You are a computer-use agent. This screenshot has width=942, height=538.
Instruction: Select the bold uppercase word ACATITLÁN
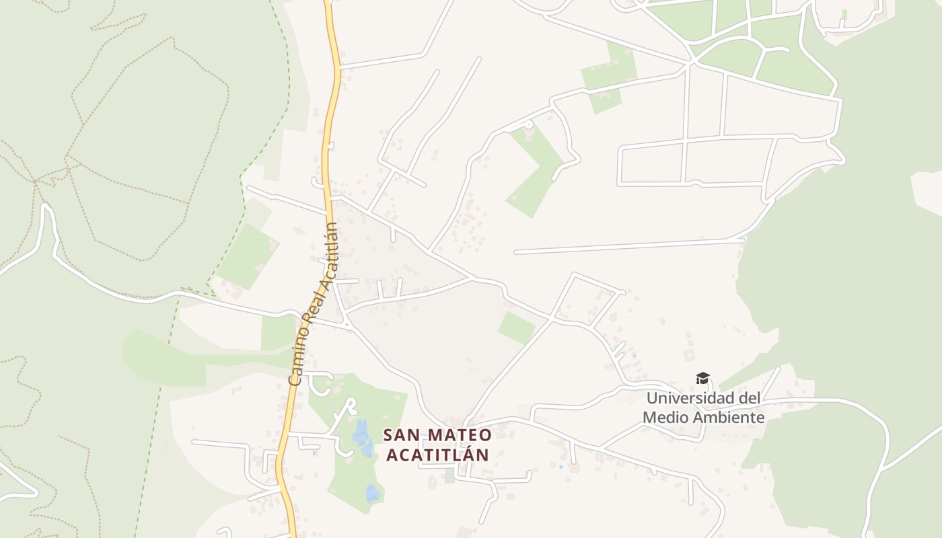click(437, 455)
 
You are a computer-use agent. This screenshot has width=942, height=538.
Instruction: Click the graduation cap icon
click(702, 379)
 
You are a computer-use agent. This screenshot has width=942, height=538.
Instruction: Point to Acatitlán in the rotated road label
click(329, 255)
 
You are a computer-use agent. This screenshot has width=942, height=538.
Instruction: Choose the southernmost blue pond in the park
click(373, 494)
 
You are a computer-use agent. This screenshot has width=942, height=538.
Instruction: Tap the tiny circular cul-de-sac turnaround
click(528, 124)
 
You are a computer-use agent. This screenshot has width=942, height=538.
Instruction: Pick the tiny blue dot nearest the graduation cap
click(634, 356)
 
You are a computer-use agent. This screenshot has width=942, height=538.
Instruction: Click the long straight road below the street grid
click(629, 246)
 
